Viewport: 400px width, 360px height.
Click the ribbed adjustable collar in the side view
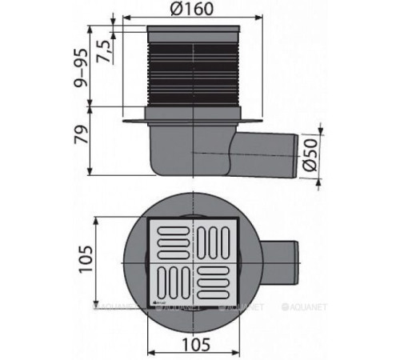point(193,72)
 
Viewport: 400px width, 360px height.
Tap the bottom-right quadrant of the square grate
point(217,282)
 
